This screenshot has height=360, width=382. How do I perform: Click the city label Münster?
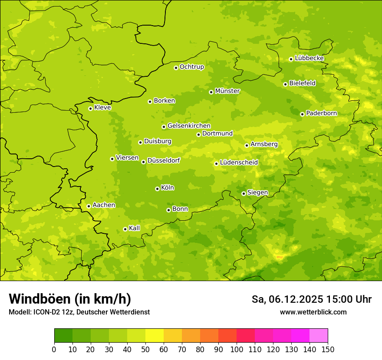coord(227,91)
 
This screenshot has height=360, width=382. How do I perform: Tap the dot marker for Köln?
coord(157,189)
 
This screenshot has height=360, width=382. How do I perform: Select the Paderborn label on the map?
coord(321,113)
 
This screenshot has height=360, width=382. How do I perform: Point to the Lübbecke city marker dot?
coord(291,59)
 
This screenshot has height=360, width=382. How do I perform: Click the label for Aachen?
coord(104,205)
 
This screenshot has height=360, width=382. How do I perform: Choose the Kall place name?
coord(135,228)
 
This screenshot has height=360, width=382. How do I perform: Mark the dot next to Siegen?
coord(244,193)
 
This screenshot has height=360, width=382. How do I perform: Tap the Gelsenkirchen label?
coord(189,126)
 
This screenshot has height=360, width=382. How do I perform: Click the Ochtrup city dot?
coord(176,68)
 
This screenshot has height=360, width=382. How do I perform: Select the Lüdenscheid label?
coord(239,163)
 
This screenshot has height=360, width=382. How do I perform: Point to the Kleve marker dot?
coord(90,108)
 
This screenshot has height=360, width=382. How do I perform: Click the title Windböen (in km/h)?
coord(70,299)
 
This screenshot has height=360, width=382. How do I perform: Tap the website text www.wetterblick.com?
coord(313,312)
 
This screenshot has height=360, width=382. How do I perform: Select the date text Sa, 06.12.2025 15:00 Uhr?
coord(311,299)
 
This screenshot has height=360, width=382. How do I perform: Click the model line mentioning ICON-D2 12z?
coord(79,312)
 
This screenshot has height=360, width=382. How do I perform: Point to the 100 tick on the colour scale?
coord(237,349)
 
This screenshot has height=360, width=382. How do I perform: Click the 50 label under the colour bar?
coord(145,349)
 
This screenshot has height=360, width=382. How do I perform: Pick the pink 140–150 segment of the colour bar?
coord(319,336)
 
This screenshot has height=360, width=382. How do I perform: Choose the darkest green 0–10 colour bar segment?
coord(63,336)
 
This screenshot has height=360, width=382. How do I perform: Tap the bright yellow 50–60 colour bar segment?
coord(155,336)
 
